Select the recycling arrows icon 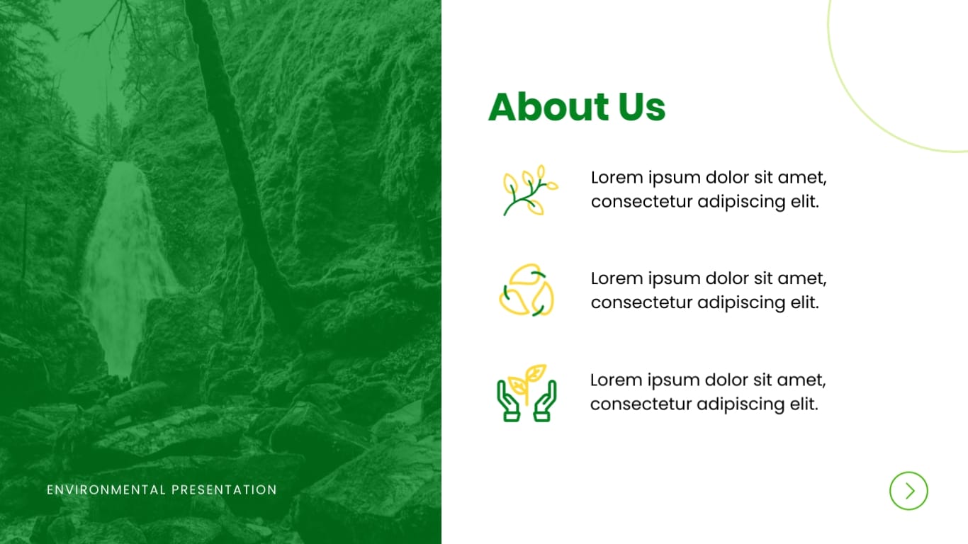(x=527, y=290)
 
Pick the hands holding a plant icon (x=527, y=393)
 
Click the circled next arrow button (x=908, y=490)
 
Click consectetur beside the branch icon (x=641, y=202)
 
